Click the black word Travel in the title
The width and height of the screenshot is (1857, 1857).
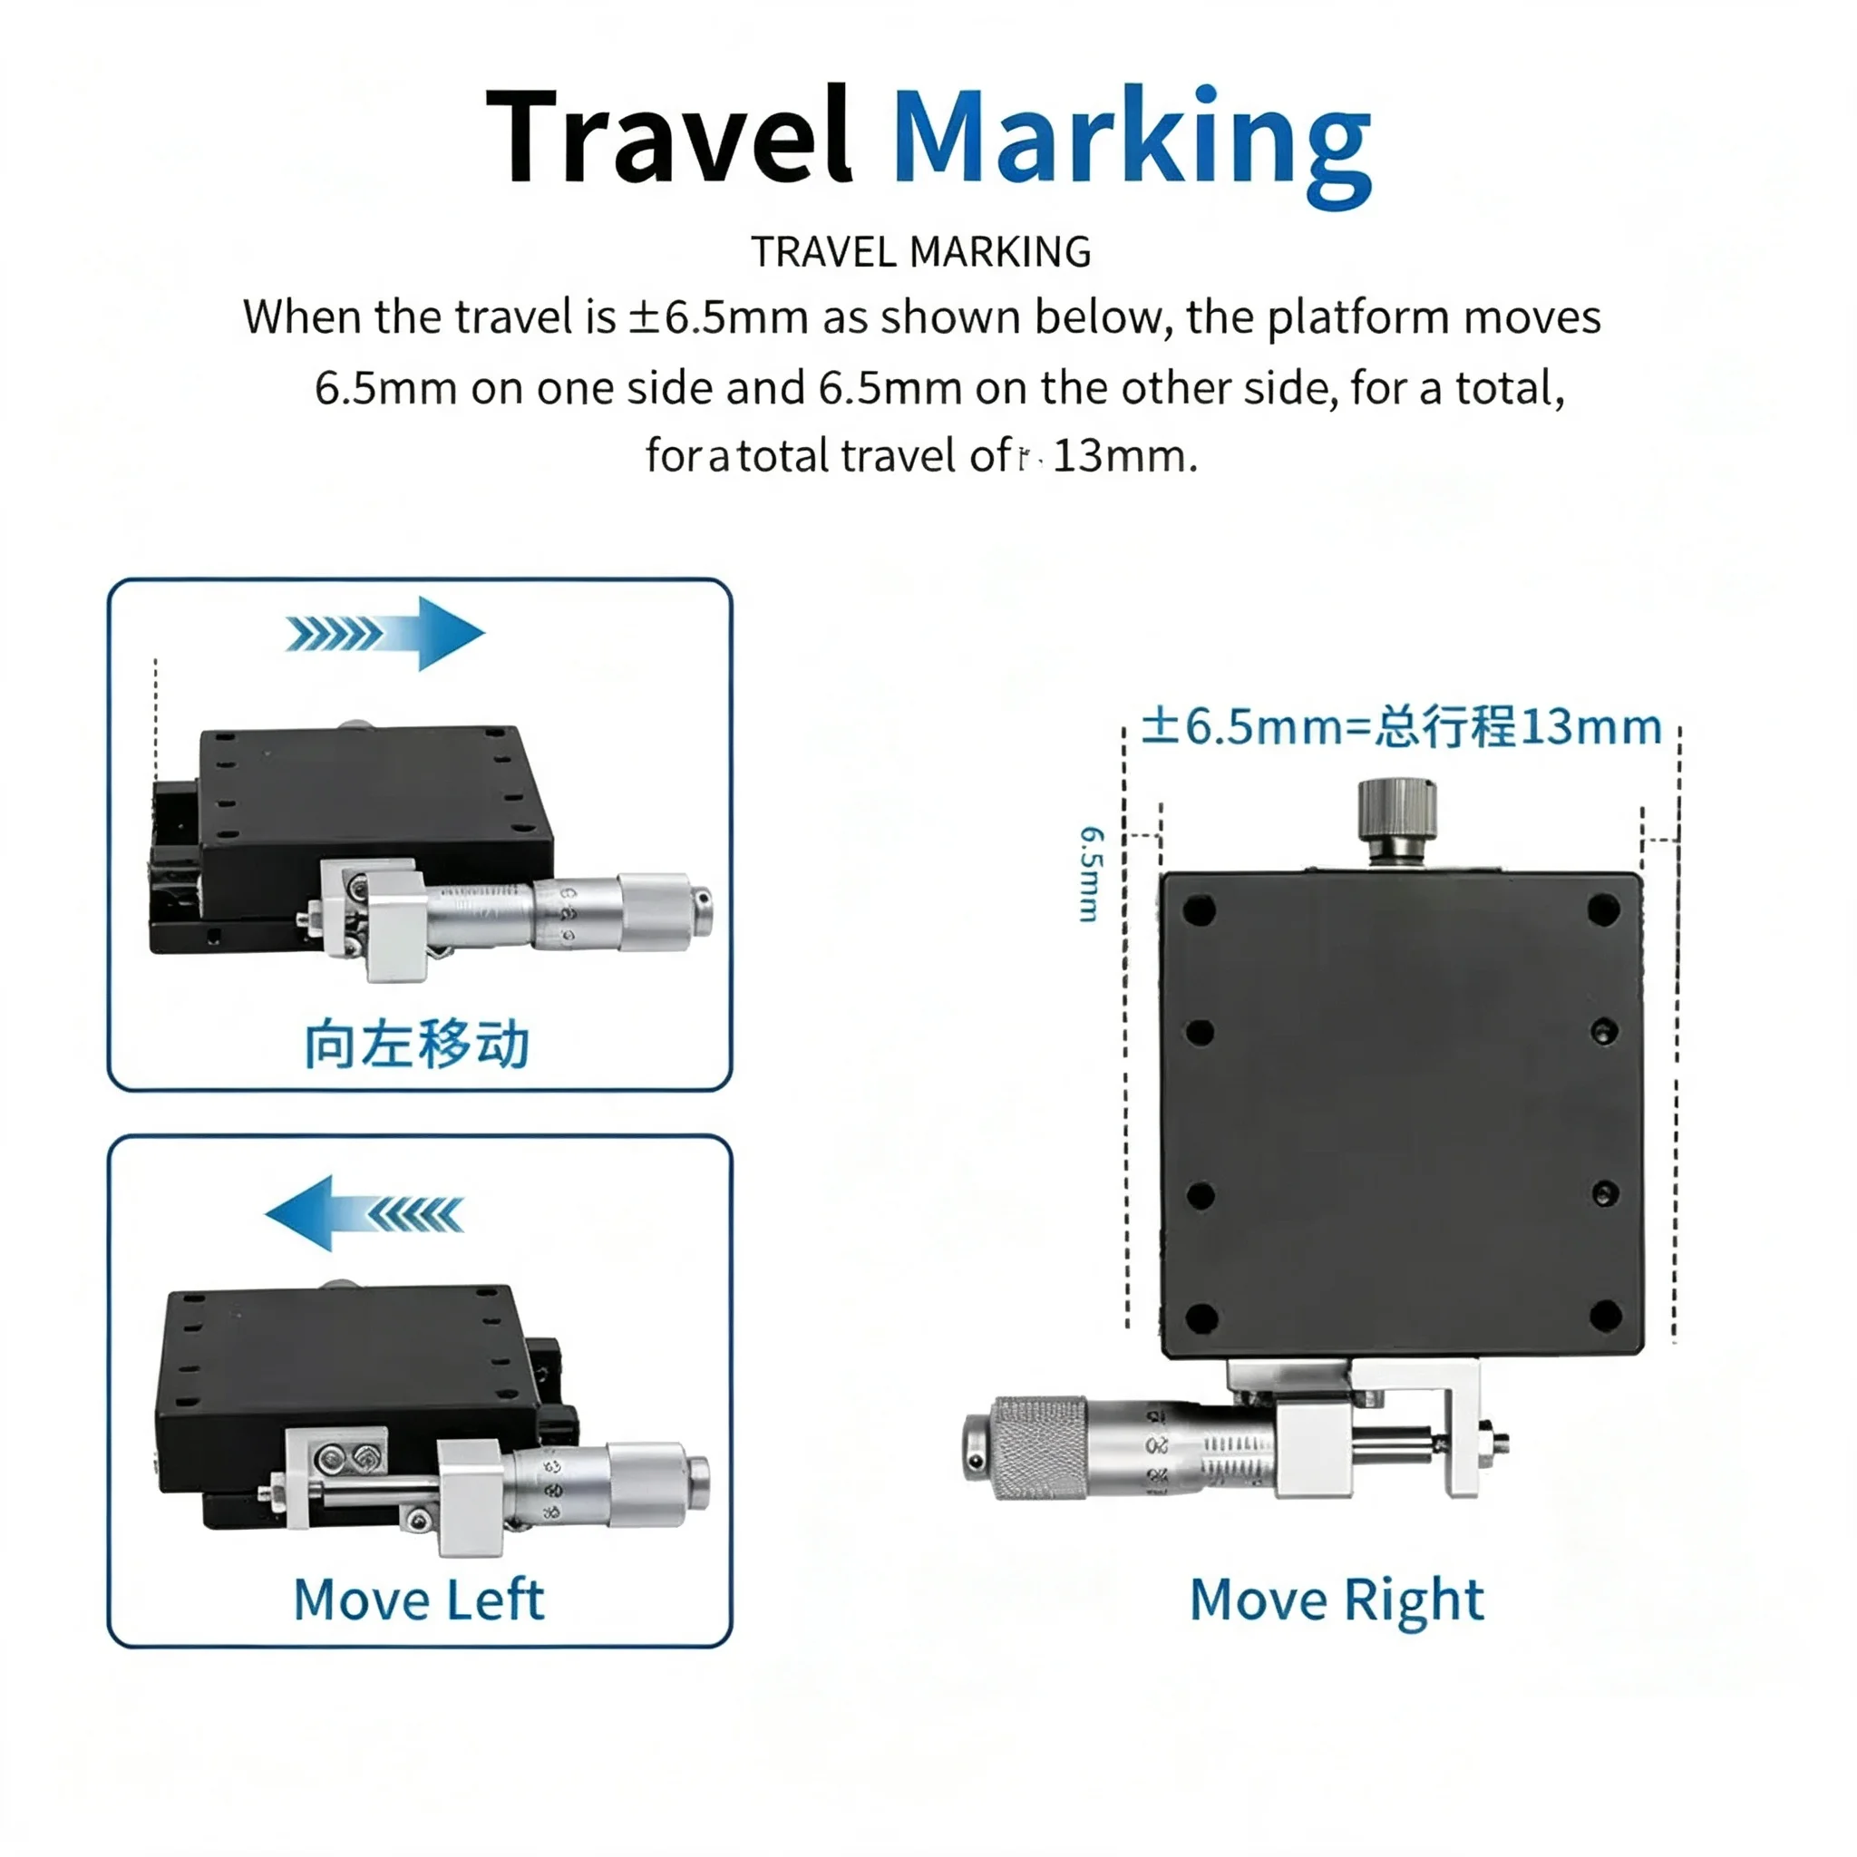pyautogui.click(x=669, y=134)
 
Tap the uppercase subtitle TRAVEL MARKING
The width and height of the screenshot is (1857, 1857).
pyautogui.click(x=921, y=252)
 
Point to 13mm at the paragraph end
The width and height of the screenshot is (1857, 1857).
pyautogui.click(x=1124, y=455)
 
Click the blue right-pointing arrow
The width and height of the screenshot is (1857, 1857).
pyautogui.click(x=384, y=634)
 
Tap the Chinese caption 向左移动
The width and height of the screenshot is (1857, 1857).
pyautogui.click(x=417, y=1044)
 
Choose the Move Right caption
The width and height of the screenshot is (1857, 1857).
pyautogui.click(x=1337, y=1601)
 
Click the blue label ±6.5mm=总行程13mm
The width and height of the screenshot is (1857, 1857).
pyautogui.click(x=1402, y=726)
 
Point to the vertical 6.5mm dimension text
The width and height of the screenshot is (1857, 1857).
pyautogui.click(x=1091, y=874)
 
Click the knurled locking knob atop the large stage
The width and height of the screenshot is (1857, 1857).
pyautogui.click(x=1396, y=822)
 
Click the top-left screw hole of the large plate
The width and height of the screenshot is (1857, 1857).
pyautogui.click(x=1200, y=909)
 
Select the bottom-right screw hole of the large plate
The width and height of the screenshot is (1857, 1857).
pyautogui.click(x=1605, y=1315)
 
